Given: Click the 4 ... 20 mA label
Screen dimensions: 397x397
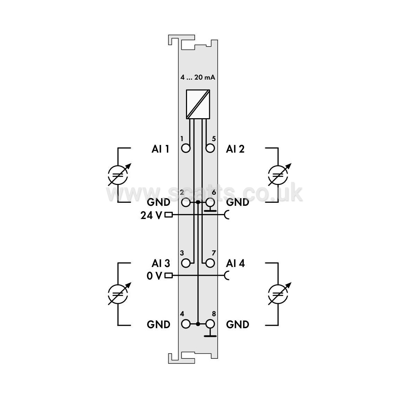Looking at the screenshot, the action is pos(198,77).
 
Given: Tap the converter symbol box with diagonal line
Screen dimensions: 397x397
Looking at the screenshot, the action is pos(198,104).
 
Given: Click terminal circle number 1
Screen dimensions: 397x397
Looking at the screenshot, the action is pos(186,148).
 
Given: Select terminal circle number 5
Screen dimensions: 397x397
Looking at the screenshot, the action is pos(210,148).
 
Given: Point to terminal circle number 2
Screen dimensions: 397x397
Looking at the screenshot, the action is pos(186,202).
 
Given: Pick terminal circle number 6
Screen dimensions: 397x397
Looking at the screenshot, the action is pos(210,202).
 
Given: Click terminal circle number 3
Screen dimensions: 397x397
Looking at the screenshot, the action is pos(186,263).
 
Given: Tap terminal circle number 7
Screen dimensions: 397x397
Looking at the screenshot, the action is pos(210,263).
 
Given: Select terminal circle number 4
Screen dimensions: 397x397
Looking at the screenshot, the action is pos(186,324).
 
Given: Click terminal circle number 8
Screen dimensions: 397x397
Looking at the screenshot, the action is pos(210,324).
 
